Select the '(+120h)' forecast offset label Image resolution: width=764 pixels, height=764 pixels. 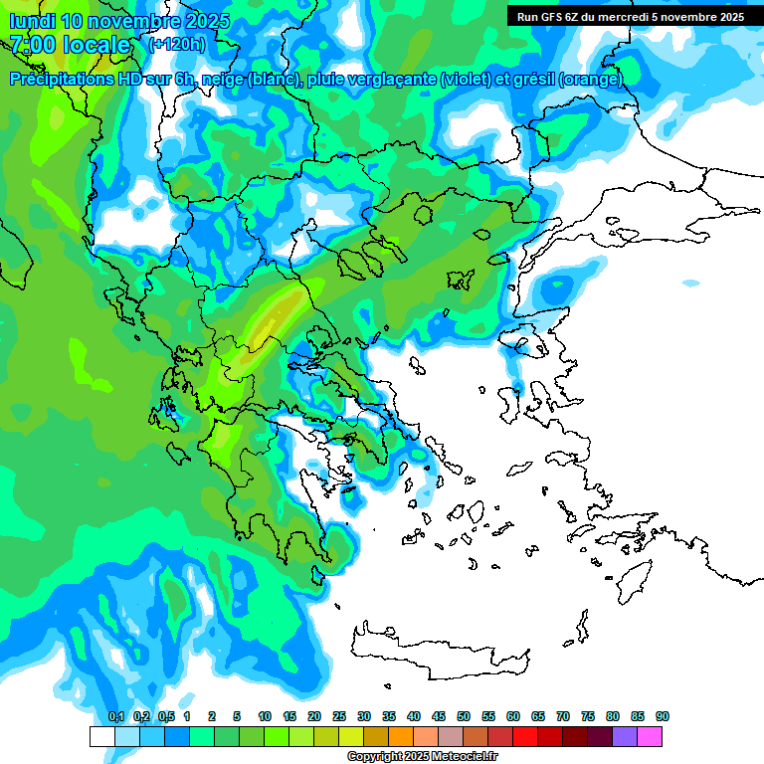[177, 45]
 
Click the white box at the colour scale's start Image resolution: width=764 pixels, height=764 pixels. [101, 737]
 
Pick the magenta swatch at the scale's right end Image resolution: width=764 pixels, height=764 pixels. [650, 737]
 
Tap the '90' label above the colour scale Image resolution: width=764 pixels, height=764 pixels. [663, 717]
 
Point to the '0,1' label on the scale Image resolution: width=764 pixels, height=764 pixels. [115, 717]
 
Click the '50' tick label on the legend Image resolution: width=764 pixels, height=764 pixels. [464, 717]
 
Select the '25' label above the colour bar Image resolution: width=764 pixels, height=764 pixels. [339, 717]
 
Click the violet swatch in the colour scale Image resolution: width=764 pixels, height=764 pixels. [625, 737]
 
